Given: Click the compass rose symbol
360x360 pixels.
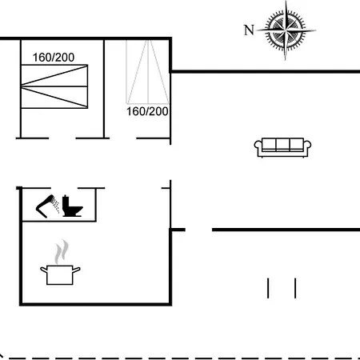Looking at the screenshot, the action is click(x=286, y=30).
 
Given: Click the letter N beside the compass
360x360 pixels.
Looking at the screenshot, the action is click(x=249, y=30).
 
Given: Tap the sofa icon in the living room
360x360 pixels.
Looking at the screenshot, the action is click(x=282, y=147).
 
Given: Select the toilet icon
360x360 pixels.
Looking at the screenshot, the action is click(x=72, y=206).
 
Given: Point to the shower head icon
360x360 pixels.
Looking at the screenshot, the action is click(x=47, y=206).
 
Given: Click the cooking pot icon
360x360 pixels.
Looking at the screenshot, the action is click(x=60, y=274).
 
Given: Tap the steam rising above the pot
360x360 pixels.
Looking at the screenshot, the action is click(x=62, y=251).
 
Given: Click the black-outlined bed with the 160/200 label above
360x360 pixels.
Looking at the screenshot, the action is click(x=54, y=86).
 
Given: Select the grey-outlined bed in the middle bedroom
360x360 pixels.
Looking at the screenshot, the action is click(x=147, y=72).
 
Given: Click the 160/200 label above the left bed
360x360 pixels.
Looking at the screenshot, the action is click(x=54, y=58).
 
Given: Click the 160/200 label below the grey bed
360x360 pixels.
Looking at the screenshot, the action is click(x=147, y=111).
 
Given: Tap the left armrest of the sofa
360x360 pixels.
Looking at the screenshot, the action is click(x=258, y=148).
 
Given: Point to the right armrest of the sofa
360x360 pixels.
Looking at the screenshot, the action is click(x=307, y=148).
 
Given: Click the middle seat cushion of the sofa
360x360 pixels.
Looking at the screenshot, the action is click(x=282, y=145).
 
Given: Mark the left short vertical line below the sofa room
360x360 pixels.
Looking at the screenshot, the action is click(x=268, y=288).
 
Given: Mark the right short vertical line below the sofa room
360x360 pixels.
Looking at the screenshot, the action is click(x=295, y=288).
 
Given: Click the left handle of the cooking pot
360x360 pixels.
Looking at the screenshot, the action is click(x=44, y=270).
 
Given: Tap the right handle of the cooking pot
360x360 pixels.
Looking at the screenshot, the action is click(x=77, y=270).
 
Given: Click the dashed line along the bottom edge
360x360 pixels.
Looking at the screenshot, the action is click(x=180, y=358).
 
